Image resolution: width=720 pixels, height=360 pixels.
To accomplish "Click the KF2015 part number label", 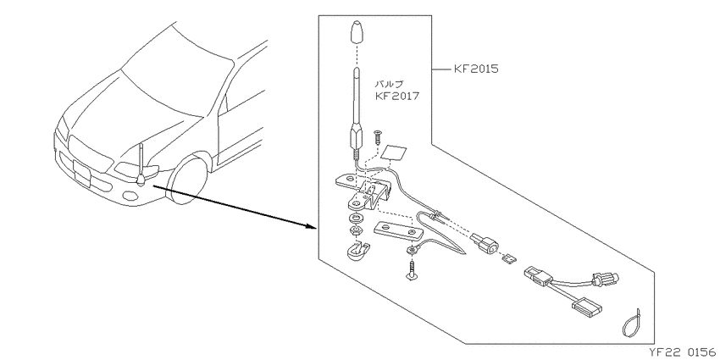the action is coord(476,69).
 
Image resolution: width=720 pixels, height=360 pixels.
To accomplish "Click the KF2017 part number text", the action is coord(397,97).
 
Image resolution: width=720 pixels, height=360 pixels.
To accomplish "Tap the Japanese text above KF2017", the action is coord(390,84).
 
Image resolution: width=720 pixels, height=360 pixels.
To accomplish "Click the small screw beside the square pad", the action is coord(378,136).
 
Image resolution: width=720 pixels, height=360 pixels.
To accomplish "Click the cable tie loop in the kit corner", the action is coord(630,322).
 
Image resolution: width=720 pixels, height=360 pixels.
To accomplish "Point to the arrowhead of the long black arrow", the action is coord(313,227).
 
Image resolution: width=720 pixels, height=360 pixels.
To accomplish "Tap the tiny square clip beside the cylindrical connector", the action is coord(509,258).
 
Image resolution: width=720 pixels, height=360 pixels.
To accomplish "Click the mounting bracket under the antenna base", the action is coord(365,191).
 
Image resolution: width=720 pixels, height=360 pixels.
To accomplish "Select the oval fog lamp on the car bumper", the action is coord(131,196).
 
